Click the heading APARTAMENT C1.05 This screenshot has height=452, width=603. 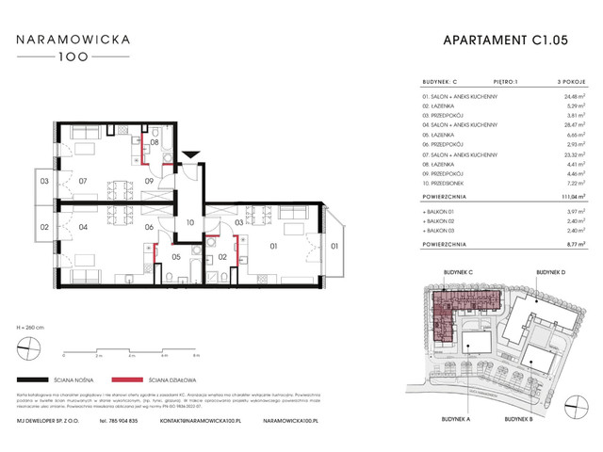(506, 40)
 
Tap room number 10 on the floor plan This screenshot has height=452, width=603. (189, 222)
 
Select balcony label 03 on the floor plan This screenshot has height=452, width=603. (44, 181)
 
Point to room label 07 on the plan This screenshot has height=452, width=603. (83, 181)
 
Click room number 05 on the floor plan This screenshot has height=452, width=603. (175, 257)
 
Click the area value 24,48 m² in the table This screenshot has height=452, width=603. (561, 95)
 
